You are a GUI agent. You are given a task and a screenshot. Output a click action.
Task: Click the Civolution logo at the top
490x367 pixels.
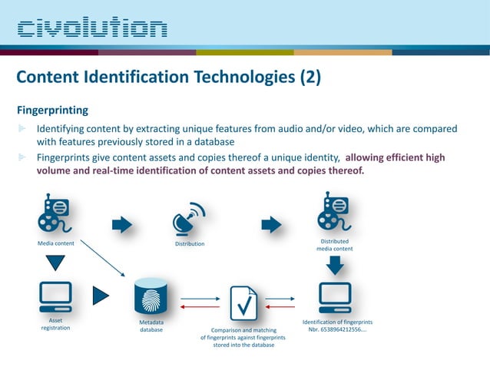(x=92, y=28)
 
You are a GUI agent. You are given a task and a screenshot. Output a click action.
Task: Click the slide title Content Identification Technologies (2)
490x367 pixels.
(x=168, y=78)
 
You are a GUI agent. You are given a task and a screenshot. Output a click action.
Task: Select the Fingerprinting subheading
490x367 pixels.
(x=51, y=110)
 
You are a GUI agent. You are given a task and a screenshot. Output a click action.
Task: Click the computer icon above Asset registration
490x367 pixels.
(x=55, y=296)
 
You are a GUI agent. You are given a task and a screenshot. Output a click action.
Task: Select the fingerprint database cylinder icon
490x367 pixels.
(x=151, y=296)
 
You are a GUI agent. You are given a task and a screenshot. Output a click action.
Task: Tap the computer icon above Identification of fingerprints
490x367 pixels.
(x=335, y=296)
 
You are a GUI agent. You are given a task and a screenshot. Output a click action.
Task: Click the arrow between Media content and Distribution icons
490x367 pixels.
(x=122, y=224)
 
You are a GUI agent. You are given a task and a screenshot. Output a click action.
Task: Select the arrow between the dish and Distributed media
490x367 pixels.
(x=271, y=224)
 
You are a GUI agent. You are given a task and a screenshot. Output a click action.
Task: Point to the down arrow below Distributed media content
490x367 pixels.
(x=335, y=264)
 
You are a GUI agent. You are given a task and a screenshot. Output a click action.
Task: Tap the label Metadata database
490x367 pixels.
(x=151, y=327)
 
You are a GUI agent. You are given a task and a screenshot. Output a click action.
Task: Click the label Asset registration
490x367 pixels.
(x=55, y=323)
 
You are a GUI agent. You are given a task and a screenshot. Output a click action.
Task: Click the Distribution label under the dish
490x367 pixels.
(x=189, y=244)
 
